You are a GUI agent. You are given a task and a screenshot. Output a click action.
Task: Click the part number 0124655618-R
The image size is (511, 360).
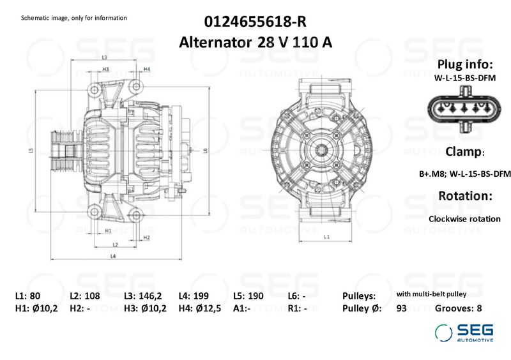[256, 22]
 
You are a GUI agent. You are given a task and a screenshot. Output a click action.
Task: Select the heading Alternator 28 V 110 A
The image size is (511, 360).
[256, 42]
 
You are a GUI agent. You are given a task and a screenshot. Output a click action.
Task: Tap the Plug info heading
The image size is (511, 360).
[464, 65]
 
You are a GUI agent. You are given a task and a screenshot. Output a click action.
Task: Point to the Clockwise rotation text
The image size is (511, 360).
[464, 218]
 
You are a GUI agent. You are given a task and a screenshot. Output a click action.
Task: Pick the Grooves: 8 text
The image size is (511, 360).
[458, 308]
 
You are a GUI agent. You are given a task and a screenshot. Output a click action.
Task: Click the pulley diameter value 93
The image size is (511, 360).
[402, 308]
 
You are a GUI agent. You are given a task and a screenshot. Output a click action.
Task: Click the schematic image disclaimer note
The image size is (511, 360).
[74, 17]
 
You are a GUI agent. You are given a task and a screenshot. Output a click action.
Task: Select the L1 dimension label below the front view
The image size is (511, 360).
[326, 237]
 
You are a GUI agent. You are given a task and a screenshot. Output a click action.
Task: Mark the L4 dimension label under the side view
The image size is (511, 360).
[112, 256]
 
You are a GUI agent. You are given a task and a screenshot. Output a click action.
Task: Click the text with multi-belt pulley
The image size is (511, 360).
[432, 294]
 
